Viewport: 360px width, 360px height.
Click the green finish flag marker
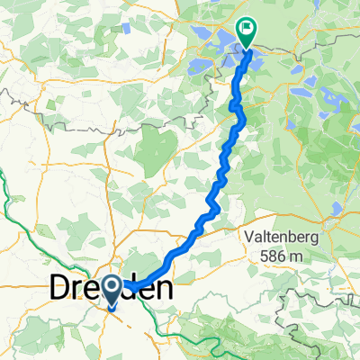[x=244, y=30]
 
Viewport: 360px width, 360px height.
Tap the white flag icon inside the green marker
[x=244, y=28]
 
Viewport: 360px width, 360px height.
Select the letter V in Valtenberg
[x=247, y=237]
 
